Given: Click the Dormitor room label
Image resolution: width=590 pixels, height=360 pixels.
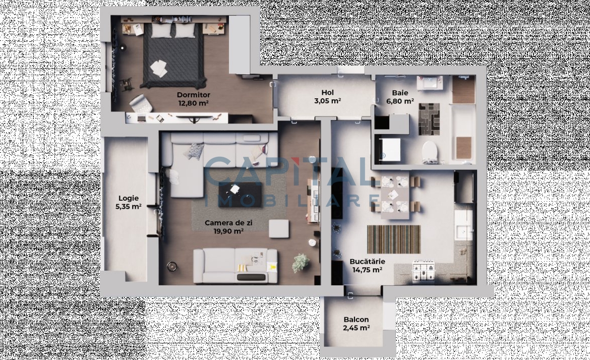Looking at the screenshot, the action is (x=194, y=95).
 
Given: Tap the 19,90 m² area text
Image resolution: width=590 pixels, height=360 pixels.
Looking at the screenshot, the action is (x=228, y=231).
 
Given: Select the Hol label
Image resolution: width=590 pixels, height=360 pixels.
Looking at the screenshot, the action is (x=327, y=93).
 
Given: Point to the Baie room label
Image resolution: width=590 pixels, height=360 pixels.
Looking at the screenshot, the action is (x=399, y=93).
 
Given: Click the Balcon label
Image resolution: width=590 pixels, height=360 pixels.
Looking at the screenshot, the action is (x=356, y=320).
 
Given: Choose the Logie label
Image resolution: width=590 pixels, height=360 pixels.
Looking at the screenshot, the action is (x=129, y=198).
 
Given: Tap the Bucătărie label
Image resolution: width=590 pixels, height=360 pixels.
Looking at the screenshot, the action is (x=367, y=262).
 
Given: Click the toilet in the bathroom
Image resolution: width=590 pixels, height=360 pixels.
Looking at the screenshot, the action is (x=430, y=152).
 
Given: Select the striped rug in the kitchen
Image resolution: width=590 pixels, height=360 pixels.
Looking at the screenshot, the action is (x=393, y=239).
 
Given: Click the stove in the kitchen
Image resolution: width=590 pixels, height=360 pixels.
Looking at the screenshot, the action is (x=424, y=271).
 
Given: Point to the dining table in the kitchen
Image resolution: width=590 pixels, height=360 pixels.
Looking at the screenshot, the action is (x=395, y=198).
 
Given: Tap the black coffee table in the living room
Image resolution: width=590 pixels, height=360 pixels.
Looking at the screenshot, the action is (x=240, y=195).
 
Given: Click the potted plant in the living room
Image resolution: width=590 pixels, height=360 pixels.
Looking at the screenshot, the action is (x=301, y=263).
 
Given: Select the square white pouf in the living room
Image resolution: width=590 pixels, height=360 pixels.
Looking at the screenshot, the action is (x=279, y=228).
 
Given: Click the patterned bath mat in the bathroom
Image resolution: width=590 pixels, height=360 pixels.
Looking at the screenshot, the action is (x=429, y=119).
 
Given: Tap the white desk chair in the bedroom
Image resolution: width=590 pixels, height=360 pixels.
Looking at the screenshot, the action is (x=140, y=103).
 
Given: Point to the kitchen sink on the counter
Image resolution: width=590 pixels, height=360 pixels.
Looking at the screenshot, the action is (x=463, y=225).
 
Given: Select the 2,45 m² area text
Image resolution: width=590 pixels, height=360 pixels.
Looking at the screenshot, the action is (x=356, y=328).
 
